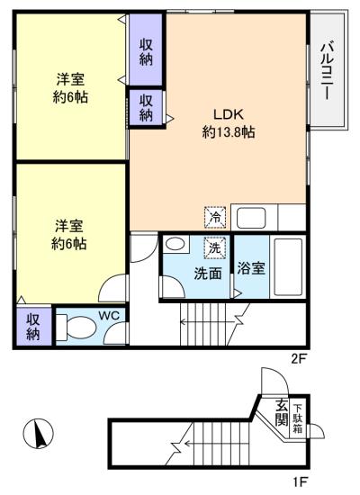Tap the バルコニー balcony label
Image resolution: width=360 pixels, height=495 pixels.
point(328,69)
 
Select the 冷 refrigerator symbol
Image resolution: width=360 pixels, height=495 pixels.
point(215,216)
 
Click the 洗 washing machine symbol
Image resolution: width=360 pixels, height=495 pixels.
point(215,247)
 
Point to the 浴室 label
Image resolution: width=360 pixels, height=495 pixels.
point(251,267)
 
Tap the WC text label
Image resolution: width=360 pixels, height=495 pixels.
point(109,315)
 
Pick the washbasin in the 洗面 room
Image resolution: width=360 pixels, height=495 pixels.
point(175,244)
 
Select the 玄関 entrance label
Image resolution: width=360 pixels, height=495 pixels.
point(281,414)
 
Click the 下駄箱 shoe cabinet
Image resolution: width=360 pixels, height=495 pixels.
point(297,420)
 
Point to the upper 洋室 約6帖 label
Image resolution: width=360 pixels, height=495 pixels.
point(69,87)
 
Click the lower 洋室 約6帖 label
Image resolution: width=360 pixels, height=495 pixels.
point(69,234)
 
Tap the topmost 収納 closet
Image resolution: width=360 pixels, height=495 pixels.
point(146,49)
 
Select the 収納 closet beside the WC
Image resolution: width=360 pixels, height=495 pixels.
point(32,326)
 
